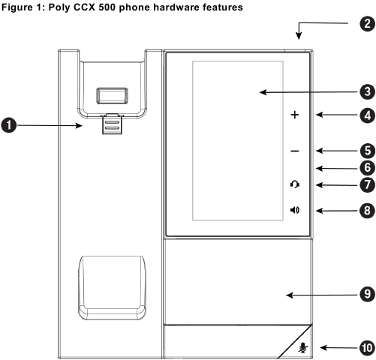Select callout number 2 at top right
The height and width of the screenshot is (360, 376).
point(365,23)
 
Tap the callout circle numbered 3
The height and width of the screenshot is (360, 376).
point(365,93)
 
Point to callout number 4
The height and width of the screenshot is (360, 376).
point(365,115)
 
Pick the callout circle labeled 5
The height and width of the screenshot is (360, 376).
point(365,150)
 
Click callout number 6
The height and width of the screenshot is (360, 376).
point(365,167)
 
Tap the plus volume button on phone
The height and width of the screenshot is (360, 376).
point(294,115)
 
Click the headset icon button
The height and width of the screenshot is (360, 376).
point(294,185)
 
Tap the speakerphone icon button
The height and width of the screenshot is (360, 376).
point(294,210)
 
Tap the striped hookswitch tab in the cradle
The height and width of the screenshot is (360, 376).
point(111,124)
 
